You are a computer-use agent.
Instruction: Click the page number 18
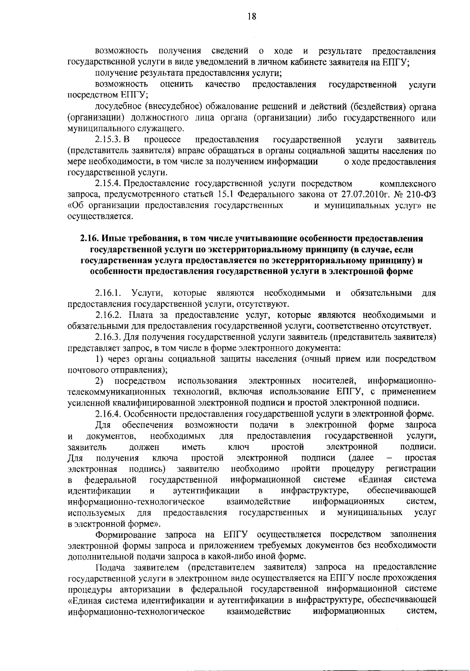click(252, 16)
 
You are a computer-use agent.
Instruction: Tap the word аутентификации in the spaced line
click(206, 490)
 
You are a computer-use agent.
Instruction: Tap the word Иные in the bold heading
click(112, 239)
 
